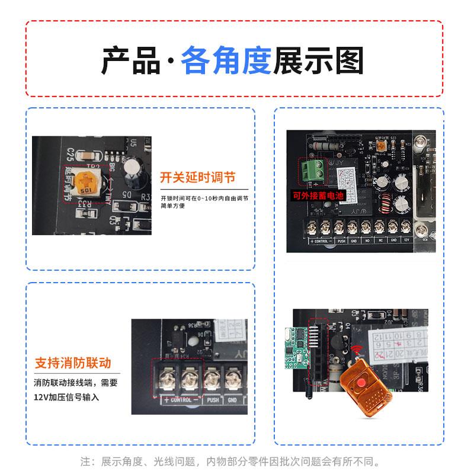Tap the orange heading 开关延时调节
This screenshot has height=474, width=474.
(x=197, y=177)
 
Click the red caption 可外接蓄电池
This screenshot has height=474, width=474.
(x=319, y=195)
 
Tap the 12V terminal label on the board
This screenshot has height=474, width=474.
(x=406, y=241)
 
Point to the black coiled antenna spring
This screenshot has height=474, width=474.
(x=309, y=391)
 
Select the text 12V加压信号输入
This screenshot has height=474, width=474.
(x=66, y=397)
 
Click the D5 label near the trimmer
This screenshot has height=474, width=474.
(x=127, y=193)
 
